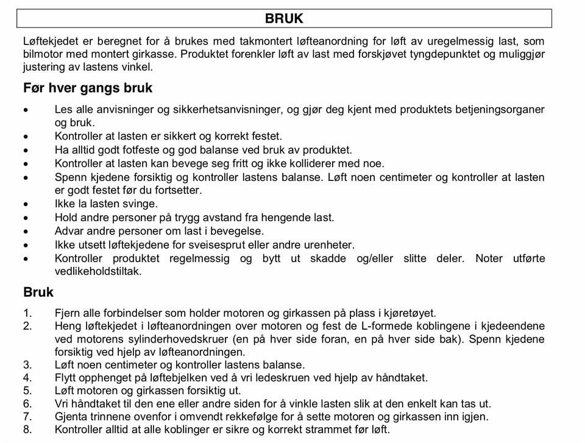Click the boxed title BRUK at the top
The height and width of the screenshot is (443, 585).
click(284, 18)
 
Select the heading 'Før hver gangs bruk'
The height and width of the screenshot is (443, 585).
click(88, 88)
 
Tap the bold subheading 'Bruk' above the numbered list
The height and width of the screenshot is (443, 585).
click(38, 292)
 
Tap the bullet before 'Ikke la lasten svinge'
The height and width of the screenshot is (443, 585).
click(26, 204)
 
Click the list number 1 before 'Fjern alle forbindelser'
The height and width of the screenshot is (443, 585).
click(27, 313)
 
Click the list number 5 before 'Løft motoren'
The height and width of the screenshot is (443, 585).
click(27, 391)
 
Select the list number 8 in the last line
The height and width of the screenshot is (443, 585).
click(27, 430)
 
